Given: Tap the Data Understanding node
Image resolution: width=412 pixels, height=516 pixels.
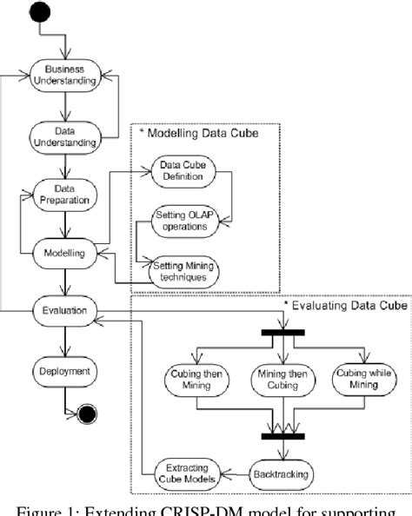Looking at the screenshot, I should [64, 136].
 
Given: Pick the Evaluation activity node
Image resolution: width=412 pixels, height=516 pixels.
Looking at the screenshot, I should [64, 309].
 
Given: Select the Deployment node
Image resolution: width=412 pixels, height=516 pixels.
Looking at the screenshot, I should [64, 370].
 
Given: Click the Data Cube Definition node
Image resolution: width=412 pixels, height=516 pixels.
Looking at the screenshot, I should [181, 172].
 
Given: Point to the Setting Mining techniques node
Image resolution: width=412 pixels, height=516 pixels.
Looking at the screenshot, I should [183, 270].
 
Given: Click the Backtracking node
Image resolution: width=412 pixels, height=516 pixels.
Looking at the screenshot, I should [283, 474].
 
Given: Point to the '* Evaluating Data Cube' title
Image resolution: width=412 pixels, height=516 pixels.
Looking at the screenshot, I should [342, 305].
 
